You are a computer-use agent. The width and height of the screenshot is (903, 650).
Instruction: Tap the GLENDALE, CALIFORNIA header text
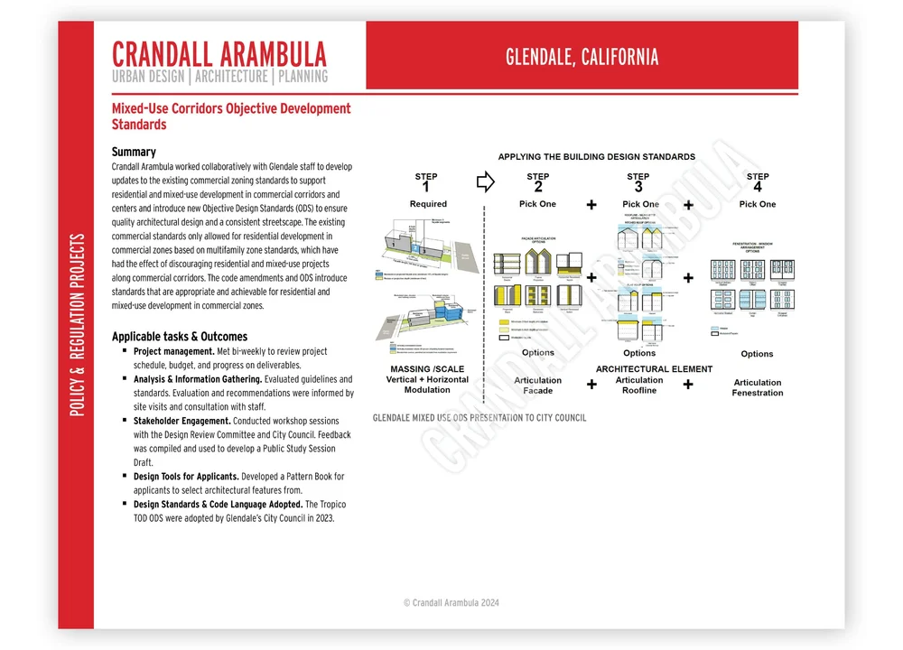point(582,57)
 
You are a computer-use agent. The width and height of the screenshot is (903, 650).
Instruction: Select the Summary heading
point(134,152)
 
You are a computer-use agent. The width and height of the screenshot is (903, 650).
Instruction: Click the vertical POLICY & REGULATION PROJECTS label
point(77,325)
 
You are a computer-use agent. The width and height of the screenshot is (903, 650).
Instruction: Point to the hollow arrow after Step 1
point(485,182)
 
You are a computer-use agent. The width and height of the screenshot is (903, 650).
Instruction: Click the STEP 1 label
point(426,182)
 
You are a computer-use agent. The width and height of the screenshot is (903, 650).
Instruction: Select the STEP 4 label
point(758,182)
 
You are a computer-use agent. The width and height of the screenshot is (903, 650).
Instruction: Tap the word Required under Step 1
point(428,204)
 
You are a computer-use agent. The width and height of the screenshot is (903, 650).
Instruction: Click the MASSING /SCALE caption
point(428,369)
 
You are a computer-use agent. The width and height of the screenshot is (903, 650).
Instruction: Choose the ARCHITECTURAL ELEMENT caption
point(654,369)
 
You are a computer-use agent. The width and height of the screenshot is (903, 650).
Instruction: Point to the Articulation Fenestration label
point(758,387)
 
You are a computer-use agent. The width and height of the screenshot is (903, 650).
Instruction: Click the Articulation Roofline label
point(639,385)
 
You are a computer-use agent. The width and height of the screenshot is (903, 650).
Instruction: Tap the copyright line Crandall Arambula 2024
point(451,602)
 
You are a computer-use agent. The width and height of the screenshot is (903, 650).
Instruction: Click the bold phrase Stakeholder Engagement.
point(182,421)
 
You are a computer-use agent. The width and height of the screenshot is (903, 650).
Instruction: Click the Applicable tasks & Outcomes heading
point(179,336)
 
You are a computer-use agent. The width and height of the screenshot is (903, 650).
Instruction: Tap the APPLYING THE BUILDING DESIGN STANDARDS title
point(597,157)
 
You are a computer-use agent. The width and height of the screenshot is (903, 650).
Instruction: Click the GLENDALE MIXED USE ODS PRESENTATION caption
point(479,418)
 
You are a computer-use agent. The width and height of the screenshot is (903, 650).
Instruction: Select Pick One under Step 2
point(538,204)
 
